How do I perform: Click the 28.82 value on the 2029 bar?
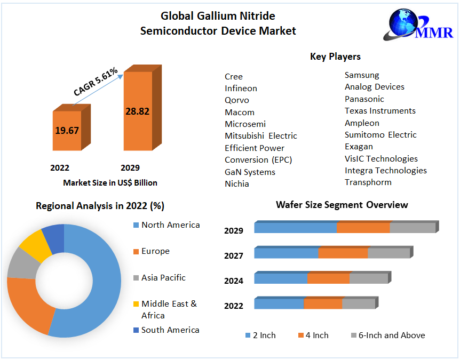(137, 111)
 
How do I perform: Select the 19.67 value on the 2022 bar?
(67, 130)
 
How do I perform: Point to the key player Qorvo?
(237, 100)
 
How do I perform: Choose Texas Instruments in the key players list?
(380, 111)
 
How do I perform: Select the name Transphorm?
(368, 182)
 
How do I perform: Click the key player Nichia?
(237, 184)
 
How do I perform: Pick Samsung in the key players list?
(362, 75)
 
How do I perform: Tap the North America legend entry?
(170, 225)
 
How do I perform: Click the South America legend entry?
(170, 330)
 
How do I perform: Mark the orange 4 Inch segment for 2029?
(363, 228)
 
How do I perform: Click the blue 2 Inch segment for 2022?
(279, 304)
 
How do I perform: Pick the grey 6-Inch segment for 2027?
(388, 253)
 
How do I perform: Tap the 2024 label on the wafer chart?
(234, 281)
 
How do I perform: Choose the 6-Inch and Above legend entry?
(392, 335)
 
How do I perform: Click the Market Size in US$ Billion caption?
(110, 183)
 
